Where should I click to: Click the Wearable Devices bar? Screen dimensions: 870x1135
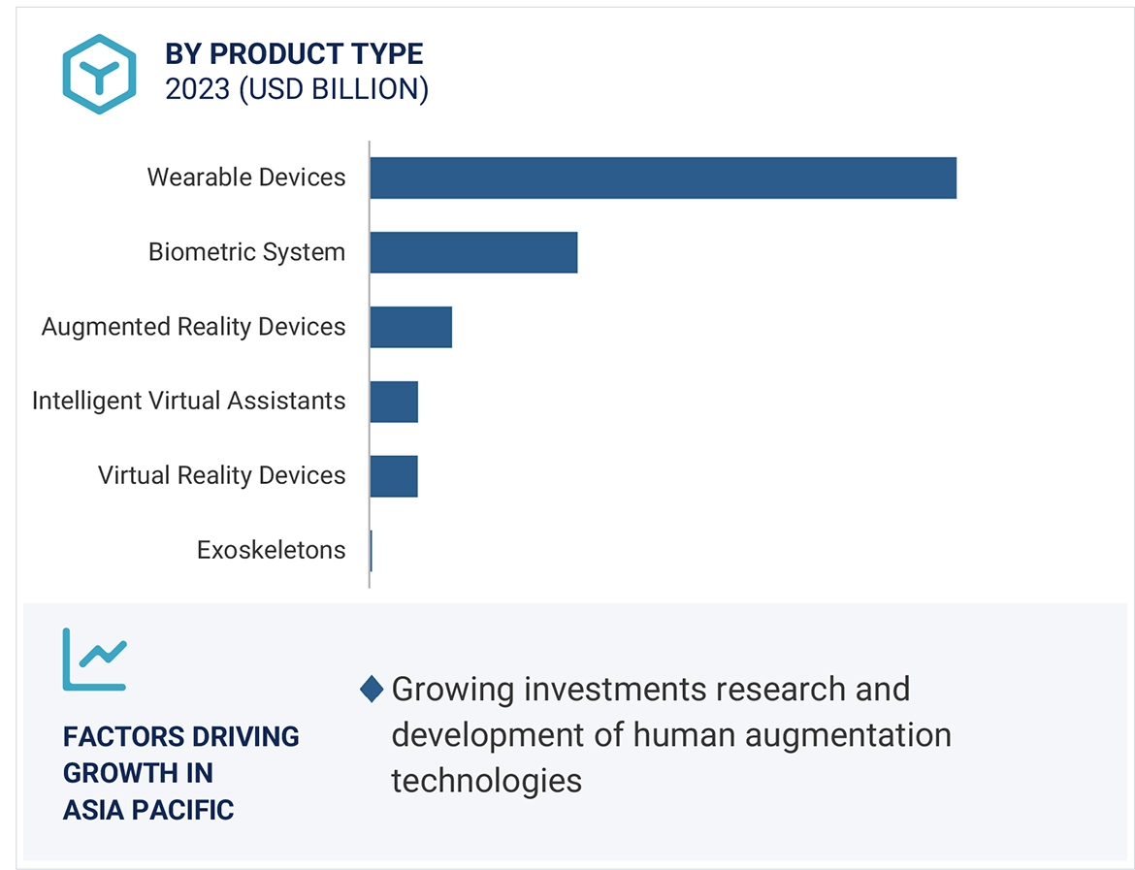(663, 177)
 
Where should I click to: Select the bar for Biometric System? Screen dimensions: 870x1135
(473, 252)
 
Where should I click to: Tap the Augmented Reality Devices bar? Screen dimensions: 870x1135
(411, 327)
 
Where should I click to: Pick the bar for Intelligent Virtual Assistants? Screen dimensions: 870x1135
(394, 402)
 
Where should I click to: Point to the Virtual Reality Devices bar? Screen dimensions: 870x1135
(394, 476)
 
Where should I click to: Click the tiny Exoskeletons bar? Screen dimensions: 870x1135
(372, 551)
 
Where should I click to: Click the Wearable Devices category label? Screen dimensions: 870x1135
(246, 177)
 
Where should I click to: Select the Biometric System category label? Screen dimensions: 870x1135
(246, 252)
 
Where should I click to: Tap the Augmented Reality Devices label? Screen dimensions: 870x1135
(193, 327)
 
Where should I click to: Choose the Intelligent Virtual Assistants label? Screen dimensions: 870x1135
(188, 401)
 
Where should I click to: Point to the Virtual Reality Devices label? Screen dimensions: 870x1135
(221, 475)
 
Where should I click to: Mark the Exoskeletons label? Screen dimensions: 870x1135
(271, 550)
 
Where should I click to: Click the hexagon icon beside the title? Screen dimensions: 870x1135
(99, 74)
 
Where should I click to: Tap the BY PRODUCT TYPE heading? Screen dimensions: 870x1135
(294, 53)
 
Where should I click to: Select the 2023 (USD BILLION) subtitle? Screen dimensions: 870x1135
(297, 89)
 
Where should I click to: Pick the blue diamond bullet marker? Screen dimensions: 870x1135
(372, 690)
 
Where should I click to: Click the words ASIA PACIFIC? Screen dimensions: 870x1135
(148, 810)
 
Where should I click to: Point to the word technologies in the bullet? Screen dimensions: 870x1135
(486, 780)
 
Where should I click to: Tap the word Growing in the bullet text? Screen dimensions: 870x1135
(453, 690)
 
